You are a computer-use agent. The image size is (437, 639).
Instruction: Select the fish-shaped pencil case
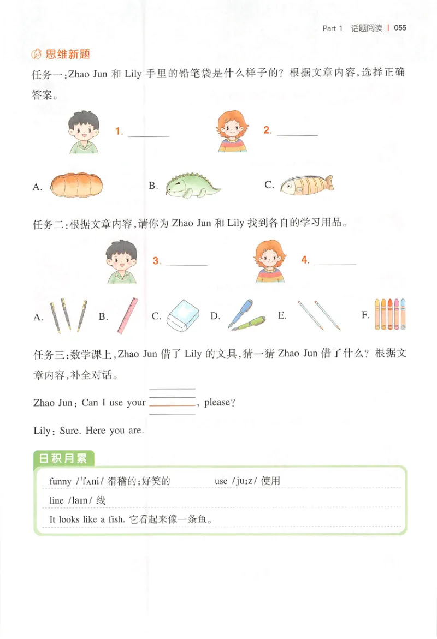pos(307,186)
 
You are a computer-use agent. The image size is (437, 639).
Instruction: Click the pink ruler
pos(127,315)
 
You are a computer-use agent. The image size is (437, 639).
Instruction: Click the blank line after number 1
pos(149,135)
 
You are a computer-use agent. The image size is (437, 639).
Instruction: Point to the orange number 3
pos(157,261)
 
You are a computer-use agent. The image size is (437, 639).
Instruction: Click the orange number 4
pos(305,261)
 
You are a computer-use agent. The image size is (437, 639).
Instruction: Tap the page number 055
pos(400,28)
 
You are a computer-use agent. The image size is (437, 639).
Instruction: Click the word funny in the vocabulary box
pos(60,481)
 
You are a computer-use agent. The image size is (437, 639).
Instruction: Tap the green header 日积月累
pos(63,458)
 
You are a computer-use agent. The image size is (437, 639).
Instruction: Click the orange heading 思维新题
pos(68,54)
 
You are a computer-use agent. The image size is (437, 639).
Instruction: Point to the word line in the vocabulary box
pos(57,500)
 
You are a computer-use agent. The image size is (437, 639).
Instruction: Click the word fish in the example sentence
pos(115,519)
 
